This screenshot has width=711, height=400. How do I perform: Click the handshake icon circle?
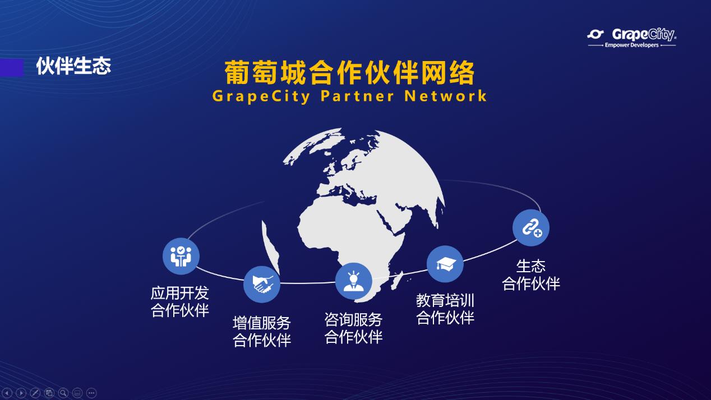click(x=262, y=284)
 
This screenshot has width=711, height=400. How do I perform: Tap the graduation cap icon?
click(x=445, y=264)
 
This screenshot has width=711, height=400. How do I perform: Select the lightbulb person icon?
click(x=354, y=281)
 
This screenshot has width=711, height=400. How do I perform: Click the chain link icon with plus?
click(x=531, y=228)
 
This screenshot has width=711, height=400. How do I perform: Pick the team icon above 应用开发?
click(x=181, y=256)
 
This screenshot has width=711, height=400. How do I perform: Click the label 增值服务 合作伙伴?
click(x=262, y=332)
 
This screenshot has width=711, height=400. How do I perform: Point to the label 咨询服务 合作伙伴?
click(x=354, y=328)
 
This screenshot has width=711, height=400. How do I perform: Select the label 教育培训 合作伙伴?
click(x=445, y=309)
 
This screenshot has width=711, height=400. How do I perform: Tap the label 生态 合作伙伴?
click(x=531, y=275)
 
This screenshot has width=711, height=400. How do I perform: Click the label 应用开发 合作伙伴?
click(x=179, y=301)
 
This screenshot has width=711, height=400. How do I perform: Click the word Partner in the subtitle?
click(x=357, y=96)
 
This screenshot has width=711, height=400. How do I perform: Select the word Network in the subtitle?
click(x=446, y=96)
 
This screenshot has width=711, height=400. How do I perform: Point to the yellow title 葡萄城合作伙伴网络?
click(x=349, y=73)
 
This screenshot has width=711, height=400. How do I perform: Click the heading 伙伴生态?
click(x=73, y=66)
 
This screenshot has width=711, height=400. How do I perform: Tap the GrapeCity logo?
click(x=631, y=38)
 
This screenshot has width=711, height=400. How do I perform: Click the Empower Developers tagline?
click(x=631, y=45)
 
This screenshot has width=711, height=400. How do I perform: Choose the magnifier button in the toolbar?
click(x=63, y=393)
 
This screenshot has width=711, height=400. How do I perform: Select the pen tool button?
click(x=35, y=393)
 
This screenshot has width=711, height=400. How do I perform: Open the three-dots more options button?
click(x=91, y=393)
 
